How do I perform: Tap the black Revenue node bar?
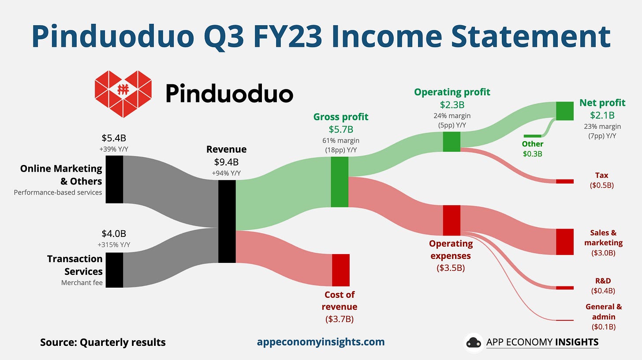point(227,221)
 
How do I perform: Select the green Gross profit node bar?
point(340,182)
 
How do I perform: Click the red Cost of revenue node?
point(340,270)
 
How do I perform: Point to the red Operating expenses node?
point(452,220)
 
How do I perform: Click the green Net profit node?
point(564,111)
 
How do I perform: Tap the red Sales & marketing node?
point(564,242)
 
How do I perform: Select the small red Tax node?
point(564,181)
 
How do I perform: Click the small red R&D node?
point(564,288)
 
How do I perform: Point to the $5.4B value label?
point(114,138)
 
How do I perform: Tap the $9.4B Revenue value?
point(226,161)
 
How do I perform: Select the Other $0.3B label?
point(533,149)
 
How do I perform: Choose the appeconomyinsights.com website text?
point(321,341)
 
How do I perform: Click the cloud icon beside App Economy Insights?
point(474,342)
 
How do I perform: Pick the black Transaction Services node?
point(114,270)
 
